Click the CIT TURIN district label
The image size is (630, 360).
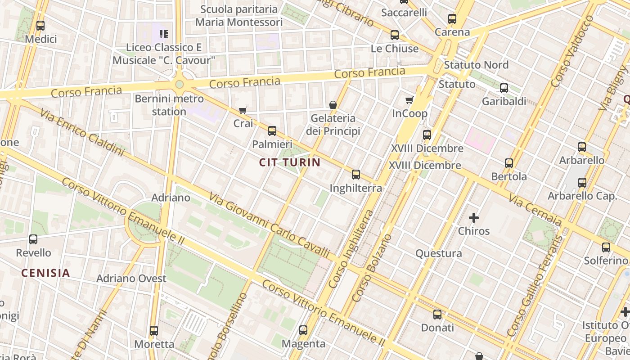click(290, 162)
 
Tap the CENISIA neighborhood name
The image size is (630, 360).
click(45, 273)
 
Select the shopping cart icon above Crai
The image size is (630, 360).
click(243, 110)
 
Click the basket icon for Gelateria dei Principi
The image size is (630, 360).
click(333, 105)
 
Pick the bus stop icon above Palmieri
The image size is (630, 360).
click(272, 131)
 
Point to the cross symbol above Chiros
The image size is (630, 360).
click(473, 218)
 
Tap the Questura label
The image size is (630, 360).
click(438, 253)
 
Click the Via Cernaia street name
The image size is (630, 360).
click(535, 211)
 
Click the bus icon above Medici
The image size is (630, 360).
click(40, 26)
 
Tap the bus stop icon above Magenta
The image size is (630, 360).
click(303, 330)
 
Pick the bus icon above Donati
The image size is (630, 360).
click(437, 315)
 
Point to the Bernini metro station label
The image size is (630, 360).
click(169, 105)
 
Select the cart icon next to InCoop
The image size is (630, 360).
click(409, 100)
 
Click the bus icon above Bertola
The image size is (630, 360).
click(509, 163)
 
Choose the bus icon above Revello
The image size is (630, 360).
click(33, 239)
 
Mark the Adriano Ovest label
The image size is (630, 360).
click(131, 279)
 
